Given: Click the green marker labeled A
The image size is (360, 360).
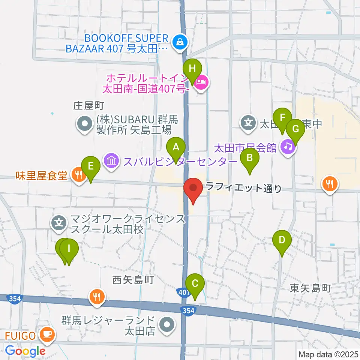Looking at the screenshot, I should click(176, 148).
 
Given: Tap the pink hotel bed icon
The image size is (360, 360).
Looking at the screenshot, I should click(202, 81).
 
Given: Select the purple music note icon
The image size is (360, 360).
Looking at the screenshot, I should click(288, 146).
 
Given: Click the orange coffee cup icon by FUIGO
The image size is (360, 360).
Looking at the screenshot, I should click(48, 333).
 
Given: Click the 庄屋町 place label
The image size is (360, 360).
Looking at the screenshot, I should click(88, 106).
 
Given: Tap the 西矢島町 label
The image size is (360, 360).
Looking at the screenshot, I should click(133, 280).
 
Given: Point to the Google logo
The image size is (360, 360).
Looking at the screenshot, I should click(25, 351).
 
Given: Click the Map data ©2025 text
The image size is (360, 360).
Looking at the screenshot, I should click(328, 354).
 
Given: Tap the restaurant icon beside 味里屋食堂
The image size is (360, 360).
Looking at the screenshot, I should click(78, 174).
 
